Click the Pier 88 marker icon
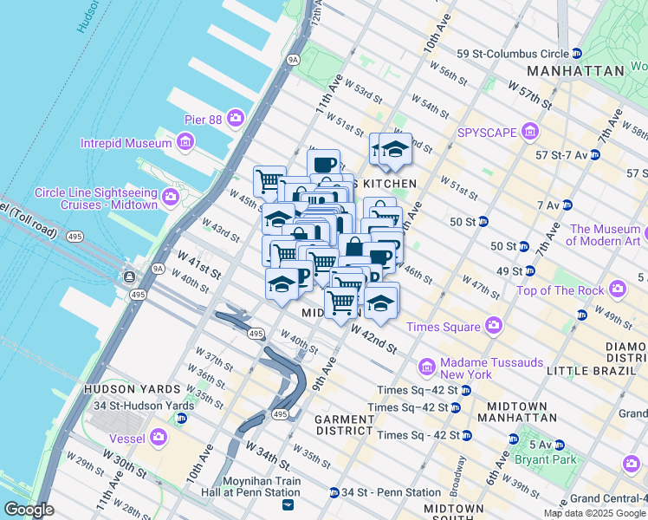coord(235,120)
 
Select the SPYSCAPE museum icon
coord(530,133)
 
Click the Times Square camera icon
coord(494,327)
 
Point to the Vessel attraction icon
coord(159,437)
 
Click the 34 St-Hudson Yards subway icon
coord(181,419)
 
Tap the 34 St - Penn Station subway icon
coord(334,493)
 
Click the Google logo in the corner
coord(29,510)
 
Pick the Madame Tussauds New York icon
coord(426,368)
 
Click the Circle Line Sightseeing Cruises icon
coord(170,198)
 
